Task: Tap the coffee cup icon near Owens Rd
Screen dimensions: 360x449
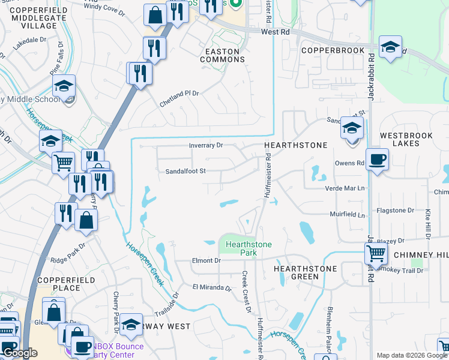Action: [376, 160]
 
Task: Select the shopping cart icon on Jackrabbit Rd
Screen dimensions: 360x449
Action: [376, 253]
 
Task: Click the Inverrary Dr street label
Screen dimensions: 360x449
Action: [205, 145]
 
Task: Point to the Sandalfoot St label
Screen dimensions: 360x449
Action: [186, 171]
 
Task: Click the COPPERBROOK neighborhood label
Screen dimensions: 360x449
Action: [333, 50]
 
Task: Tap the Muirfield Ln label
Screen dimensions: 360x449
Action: [347, 214]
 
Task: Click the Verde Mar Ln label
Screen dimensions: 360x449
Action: [345, 188]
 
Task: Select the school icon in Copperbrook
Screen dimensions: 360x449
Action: [390, 49]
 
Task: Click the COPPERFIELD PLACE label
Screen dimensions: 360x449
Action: [59, 284]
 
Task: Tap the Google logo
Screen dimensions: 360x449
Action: [20, 353]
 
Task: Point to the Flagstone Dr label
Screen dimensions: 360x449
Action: [394, 211]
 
